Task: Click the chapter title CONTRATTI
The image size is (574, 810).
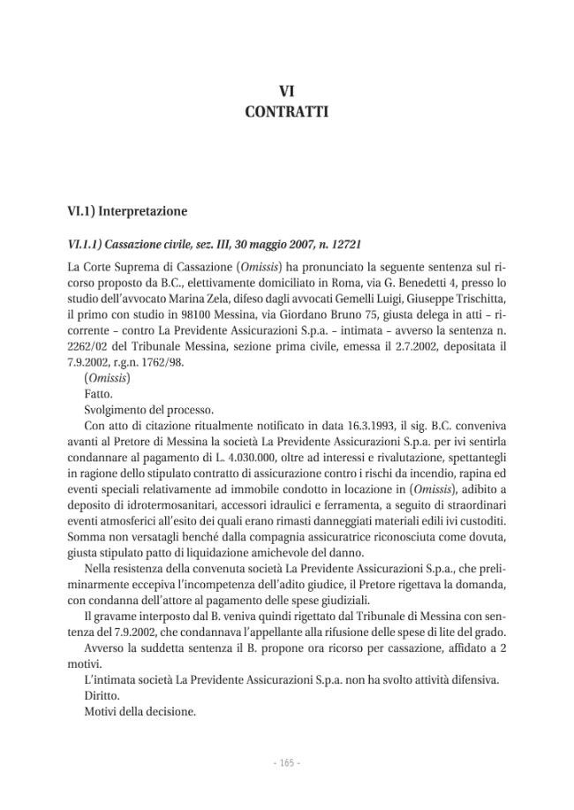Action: [286, 112]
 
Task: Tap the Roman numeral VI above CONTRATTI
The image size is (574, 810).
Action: [286, 91]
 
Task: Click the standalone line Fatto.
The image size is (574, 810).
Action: [99, 395]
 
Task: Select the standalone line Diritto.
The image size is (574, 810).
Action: [102, 695]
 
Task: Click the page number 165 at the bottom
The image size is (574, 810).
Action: [286, 761]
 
